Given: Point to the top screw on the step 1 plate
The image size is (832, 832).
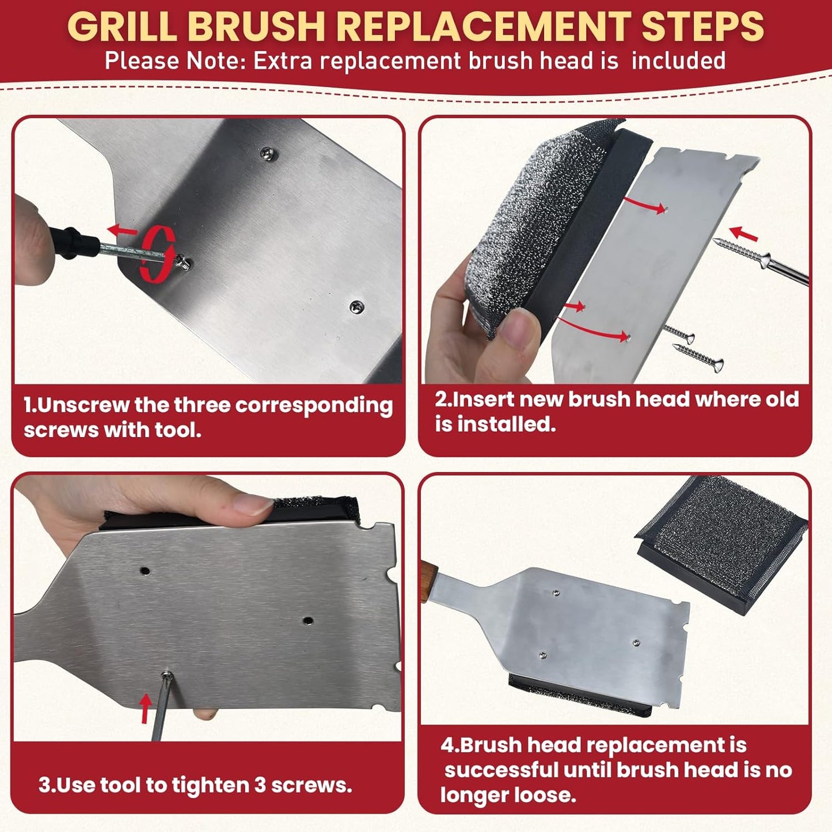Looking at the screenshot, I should (266, 153).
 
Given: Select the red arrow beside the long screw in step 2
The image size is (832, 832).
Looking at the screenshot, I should (744, 233).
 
